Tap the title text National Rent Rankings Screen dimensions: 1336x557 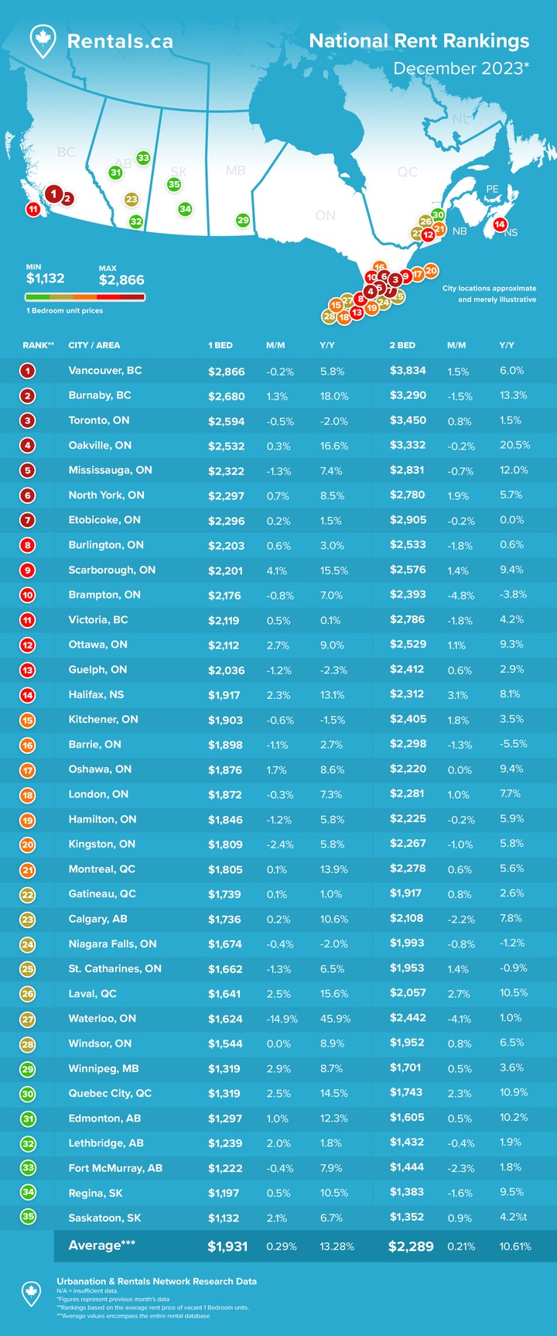[419, 41]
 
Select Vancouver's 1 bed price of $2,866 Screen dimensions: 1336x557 [226, 372]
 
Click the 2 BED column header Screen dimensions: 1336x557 [402, 345]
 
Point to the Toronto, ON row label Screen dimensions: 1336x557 [98, 420]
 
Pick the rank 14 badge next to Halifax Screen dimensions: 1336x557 [28, 695]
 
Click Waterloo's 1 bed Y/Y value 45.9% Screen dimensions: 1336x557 [335, 1019]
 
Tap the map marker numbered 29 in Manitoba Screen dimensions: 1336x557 [242, 221]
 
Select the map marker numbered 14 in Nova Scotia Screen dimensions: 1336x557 [500, 224]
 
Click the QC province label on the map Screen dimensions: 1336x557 [407, 172]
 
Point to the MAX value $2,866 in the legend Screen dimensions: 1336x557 [121, 280]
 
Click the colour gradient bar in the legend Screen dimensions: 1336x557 [84, 297]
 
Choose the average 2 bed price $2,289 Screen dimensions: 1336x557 [411, 1246]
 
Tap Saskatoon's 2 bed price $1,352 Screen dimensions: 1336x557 [407, 1217]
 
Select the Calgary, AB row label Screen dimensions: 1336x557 [97, 919]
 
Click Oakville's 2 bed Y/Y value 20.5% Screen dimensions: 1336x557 [514, 445]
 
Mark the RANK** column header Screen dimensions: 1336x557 [38, 345]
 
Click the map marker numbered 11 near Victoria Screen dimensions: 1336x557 [33, 209]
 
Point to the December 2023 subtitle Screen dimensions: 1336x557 [461, 68]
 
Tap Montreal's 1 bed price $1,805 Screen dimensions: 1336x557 [225, 869]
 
